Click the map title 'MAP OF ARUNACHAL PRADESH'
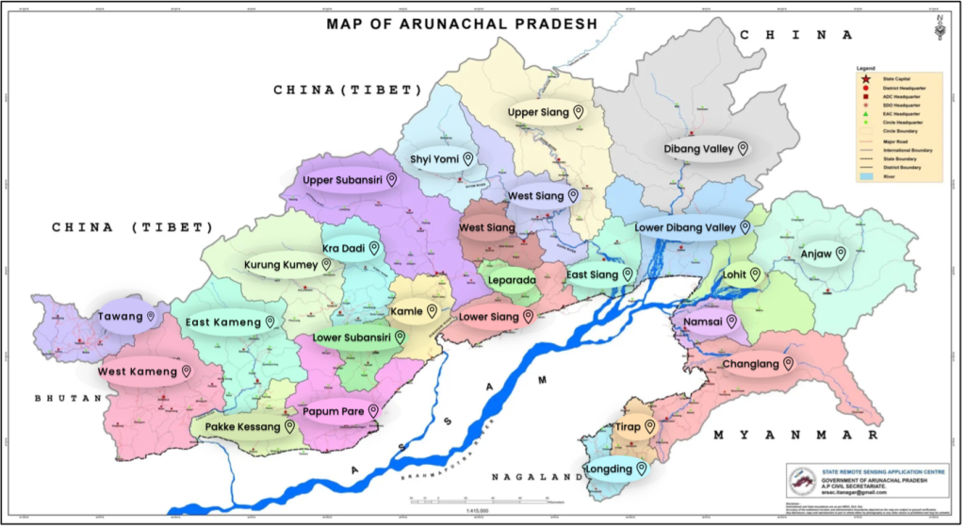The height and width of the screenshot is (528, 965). point(462,24)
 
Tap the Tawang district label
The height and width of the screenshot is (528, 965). point(120,317)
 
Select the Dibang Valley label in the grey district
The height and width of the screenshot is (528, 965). point(697,149)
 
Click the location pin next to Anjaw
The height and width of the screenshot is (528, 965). point(840,253)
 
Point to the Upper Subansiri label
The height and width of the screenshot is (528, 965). point(342,179)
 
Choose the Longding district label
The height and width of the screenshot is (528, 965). point(609,469)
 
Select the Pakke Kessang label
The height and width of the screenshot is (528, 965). point(237,427)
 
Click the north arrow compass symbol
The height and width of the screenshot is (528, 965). point(939,31)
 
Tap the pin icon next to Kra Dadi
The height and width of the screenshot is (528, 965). point(374,248)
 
